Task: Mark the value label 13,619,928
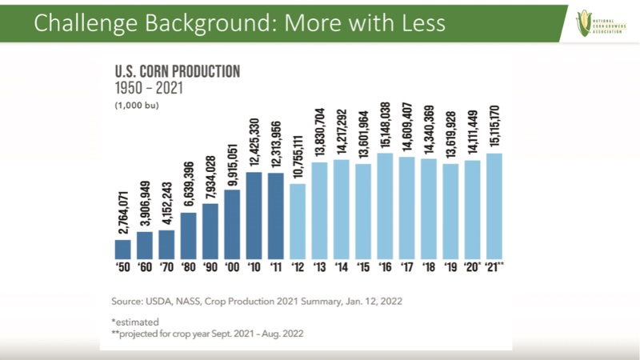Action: (449, 134)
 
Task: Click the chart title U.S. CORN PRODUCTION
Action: (178, 71)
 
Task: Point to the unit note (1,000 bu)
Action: (138, 105)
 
